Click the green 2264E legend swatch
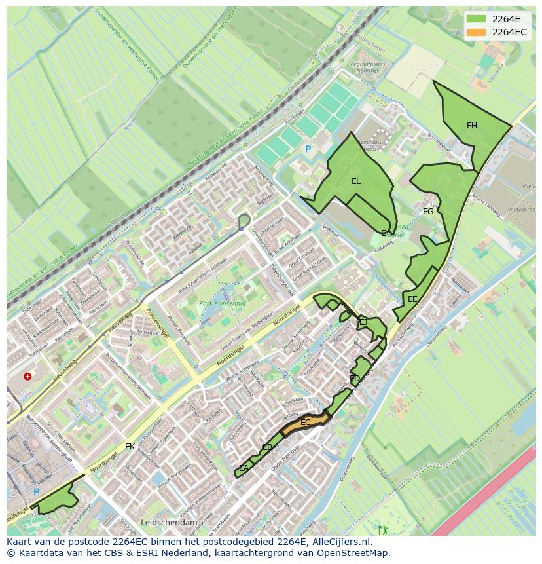[x=476, y=19]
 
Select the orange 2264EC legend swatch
[x=476, y=32]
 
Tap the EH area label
[x=471, y=126]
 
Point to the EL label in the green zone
[x=355, y=181]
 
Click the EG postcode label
[x=428, y=212]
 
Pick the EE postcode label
[x=412, y=299]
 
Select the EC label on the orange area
[x=305, y=423]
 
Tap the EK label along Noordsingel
[x=130, y=447]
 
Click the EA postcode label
[x=244, y=468]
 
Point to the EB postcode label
[x=267, y=447]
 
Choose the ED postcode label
[x=355, y=379]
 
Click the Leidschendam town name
[x=169, y=523]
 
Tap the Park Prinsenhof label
[x=222, y=304]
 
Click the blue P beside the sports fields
[x=308, y=149]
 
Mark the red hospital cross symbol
[x=27, y=377]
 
